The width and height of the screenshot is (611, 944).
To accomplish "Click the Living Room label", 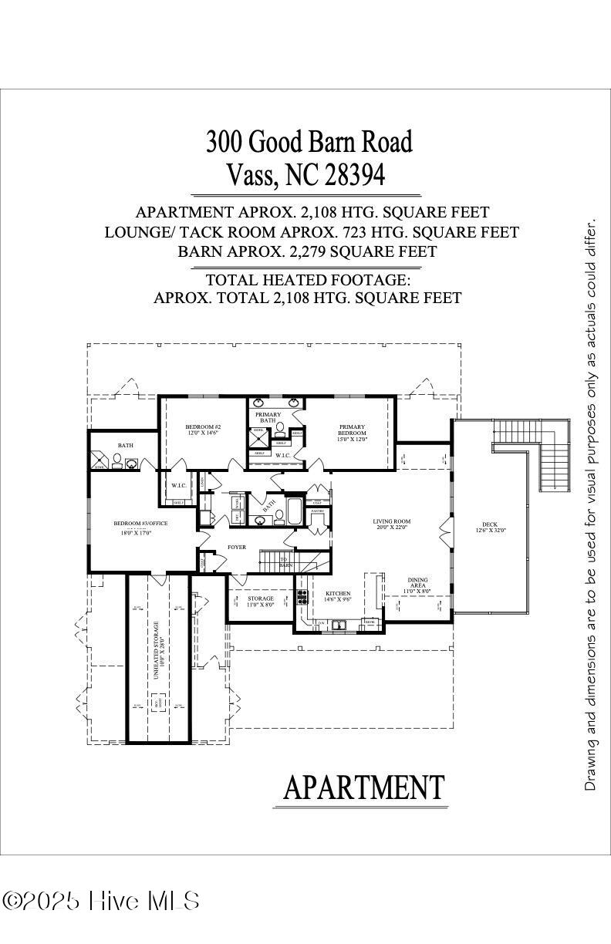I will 391,521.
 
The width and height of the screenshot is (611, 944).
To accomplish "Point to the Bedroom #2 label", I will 203,427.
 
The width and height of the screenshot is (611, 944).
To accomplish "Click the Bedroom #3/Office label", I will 140,524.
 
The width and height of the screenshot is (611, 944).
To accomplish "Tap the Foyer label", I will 236,547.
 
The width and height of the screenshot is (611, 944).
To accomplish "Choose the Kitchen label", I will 338,594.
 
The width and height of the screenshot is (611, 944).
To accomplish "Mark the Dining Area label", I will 418,580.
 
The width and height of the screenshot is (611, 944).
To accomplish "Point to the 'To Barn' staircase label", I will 284,562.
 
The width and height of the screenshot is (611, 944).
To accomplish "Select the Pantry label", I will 317,511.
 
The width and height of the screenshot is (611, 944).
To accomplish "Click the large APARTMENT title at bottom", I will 363,787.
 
